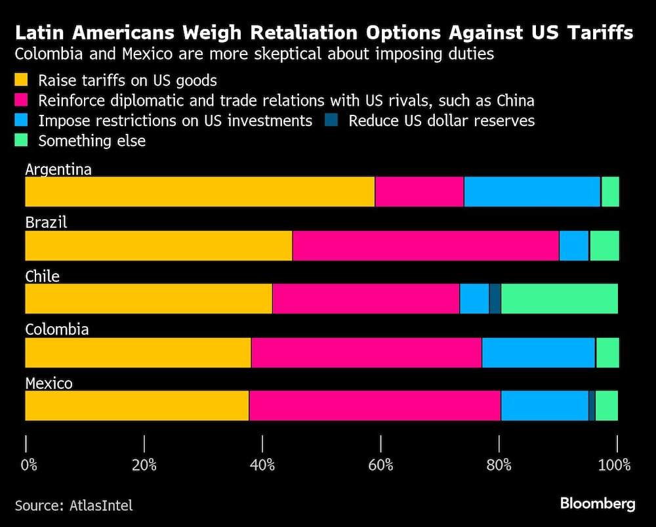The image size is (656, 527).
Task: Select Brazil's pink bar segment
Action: (425, 245)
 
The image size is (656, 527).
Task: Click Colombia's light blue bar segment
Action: (539, 353)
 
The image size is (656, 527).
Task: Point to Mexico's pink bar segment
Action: (375, 406)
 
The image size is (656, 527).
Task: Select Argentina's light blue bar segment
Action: (532, 192)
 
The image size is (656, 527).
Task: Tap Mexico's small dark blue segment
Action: (592, 406)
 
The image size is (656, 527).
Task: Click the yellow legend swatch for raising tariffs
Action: (22, 81)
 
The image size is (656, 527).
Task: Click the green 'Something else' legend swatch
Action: (22, 141)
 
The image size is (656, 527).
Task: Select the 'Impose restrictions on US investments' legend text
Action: (175, 121)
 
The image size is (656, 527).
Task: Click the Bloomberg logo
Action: (598, 504)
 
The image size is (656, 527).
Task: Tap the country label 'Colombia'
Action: (57, 329)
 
